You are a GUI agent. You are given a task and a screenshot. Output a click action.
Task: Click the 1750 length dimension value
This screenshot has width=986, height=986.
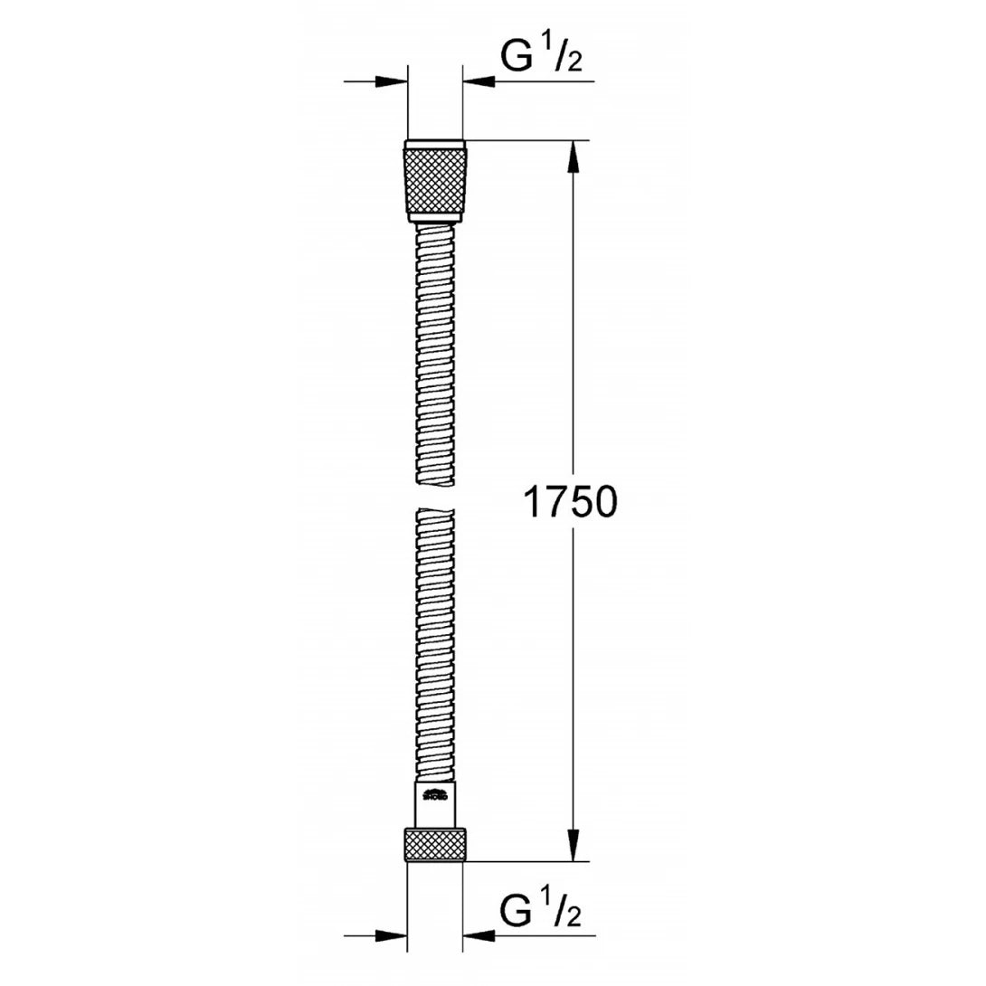click(x=570, y=503)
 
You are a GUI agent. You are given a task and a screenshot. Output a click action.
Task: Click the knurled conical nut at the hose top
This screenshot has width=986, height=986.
click(x=435, y=182)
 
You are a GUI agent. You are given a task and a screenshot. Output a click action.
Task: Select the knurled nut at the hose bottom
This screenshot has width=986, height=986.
click(x=435, y=843)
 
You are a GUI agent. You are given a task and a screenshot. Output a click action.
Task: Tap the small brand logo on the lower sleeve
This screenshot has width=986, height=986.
click(x=434, y=796)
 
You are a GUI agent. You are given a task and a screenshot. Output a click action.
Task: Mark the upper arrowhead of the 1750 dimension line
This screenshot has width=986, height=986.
click(x=572, y=157)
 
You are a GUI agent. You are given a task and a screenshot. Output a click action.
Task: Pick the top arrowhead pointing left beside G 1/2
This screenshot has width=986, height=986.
click(x=479, y=81)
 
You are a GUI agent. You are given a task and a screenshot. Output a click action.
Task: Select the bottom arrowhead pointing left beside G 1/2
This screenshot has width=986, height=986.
click(x=479, y=935)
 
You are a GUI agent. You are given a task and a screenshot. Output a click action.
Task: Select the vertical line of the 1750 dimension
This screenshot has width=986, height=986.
click(x=572, y=362)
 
